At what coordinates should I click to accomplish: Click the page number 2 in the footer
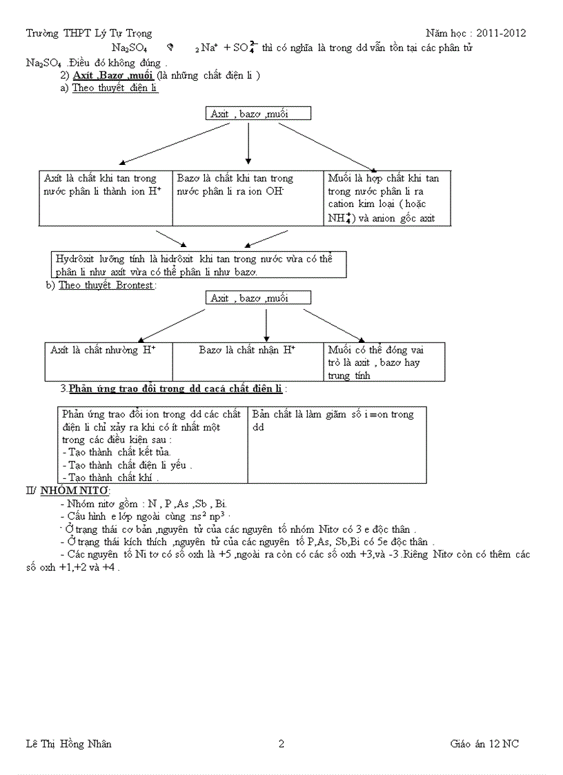coord(281,744)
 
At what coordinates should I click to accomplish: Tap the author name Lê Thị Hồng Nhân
coord(69,744)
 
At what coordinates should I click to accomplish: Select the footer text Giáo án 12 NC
coord(484,744)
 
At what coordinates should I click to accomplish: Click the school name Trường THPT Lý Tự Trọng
coord(89,33)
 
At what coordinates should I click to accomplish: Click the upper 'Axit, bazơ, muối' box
coord(258,114)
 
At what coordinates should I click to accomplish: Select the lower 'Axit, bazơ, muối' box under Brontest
coord(258,298)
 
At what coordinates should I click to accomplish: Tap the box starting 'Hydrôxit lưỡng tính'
coord(199,264)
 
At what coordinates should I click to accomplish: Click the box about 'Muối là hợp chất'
coord(387,198)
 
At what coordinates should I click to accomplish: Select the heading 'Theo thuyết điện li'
coord(115,88)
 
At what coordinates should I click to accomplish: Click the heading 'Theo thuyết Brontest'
coord(107,285)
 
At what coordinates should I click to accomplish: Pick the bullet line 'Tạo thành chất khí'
coord(110,478)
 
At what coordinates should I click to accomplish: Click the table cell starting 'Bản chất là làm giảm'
coord(337,444)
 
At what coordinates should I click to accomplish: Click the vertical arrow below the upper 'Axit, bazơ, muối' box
coord(248,143)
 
